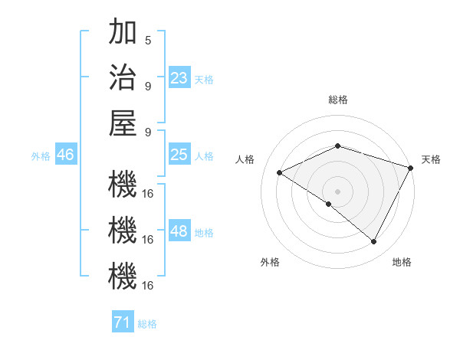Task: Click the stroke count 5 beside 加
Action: click(148, 40)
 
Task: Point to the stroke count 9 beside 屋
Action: click(148, 131)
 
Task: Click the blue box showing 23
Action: click(179, 78)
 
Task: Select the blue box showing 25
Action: click(179, 155)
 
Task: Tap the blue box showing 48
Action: click(179, 231)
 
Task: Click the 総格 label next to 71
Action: click(147, 324)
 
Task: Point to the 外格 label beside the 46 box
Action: click(41, 156)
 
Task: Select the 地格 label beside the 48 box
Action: click(205, 233)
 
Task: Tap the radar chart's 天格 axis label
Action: click(431, 159)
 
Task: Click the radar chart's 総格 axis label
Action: click(338, 100)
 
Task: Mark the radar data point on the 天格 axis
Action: click(412, 167)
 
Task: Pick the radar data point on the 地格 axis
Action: click(374, 242)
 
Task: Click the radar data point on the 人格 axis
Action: click(280, 172)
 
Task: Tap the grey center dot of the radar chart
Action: click(338, 191)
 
